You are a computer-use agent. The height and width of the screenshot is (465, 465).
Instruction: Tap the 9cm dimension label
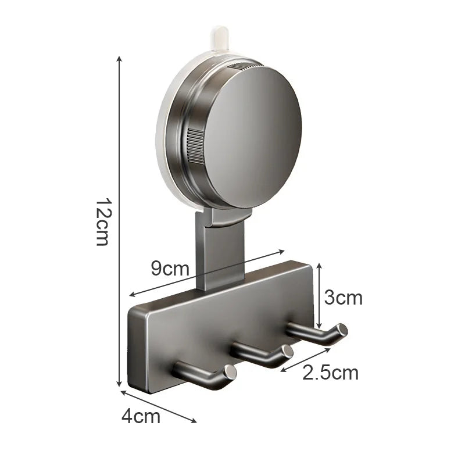click(170, 269)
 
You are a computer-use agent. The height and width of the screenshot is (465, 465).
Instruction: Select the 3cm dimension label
click(343, 298)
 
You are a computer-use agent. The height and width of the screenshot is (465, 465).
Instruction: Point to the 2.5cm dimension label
click(330, 373)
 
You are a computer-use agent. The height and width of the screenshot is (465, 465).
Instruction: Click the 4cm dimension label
click(141, 416)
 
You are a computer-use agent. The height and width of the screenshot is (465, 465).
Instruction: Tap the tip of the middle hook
click(286, 351)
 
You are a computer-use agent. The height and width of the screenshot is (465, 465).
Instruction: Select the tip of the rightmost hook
click(342, 330)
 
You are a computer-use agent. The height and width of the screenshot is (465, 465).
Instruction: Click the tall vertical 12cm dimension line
click(119, 221)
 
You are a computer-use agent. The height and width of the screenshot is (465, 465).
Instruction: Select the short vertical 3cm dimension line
click(319, 296)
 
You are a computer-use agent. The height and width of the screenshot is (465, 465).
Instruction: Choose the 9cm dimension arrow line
click(206, 273)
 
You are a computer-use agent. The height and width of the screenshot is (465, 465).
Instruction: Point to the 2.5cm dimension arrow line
click(306, 359)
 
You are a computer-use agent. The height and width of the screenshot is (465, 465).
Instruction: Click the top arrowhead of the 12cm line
click(119, 59)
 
